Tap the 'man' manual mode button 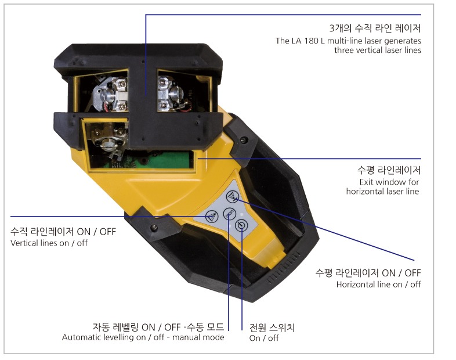coord(230,214)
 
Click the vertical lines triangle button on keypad coord(211,217)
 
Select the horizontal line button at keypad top coord(233,196)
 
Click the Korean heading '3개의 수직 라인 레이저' coord(375,28)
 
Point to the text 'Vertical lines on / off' coord(49,243)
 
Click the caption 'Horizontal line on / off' coord(378,285)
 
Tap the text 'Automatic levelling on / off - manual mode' coord(143,337)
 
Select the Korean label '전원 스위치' coord(272,327)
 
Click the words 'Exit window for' coord(389,182)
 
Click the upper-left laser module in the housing coord(110,94)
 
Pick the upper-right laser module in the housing coord(173,93)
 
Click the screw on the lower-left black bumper coord(154,227)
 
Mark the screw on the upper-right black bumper coord(244,140)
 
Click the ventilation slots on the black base coord(284,268)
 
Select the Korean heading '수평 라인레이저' coord(389,170)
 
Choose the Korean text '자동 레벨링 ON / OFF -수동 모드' coord(158,327)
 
